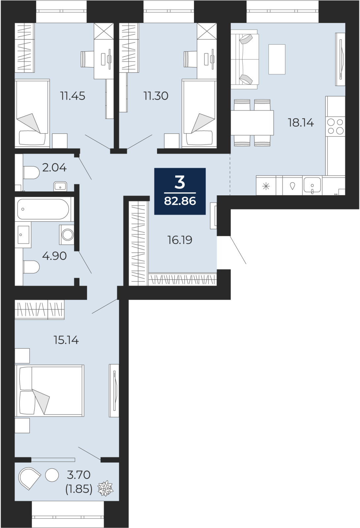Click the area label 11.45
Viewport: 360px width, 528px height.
(73, 96)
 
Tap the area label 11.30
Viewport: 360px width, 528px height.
(156, 96)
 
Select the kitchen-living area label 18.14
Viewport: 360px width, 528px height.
(301, 123)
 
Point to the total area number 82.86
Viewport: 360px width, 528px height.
(180, 201)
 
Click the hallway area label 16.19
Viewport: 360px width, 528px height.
(180, 240)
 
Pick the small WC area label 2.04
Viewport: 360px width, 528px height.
(54, 168)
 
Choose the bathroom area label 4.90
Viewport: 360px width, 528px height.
(54, 256)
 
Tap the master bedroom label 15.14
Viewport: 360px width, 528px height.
(66, 340)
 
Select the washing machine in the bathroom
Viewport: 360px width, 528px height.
(67, 235)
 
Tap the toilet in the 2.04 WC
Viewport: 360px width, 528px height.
(31, 173)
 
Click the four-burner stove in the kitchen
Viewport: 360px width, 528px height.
(335, 126)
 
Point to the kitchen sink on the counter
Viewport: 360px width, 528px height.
(312, 185)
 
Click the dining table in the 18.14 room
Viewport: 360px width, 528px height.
(252, 122)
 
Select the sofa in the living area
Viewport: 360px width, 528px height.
(244, 59)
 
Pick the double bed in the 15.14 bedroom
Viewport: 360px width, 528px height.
(49, 391)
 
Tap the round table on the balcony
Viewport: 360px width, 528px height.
(52, 475)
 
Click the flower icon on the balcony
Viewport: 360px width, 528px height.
(105, 488)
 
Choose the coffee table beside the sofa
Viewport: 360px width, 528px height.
(277, 59)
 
